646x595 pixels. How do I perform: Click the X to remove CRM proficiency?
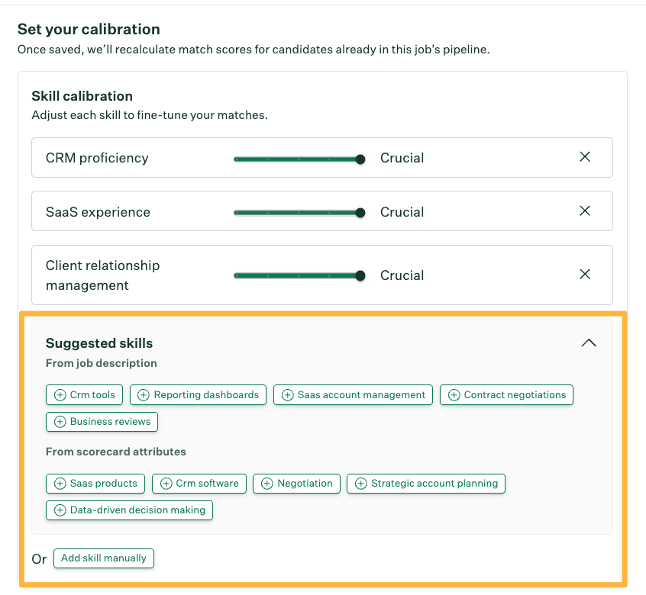click(585, 157)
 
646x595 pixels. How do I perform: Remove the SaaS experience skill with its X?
click(585, 211)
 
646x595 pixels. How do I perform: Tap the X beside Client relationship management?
click(585, 275)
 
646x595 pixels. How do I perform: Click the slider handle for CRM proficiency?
click(360, 159)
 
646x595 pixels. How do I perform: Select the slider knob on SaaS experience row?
click(360, 213)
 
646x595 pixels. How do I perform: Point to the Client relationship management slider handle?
click(360, 275)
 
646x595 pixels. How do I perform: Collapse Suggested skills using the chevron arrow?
click(588, 343)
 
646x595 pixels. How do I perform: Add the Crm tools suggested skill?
click(85, 395)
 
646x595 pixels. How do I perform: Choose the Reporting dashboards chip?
click(199, 395)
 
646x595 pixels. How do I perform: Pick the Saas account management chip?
click(353, 395)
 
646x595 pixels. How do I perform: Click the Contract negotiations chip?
click(506, 395)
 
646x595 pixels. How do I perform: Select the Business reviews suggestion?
click(102, 422)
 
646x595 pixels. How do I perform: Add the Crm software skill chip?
click(199, 484)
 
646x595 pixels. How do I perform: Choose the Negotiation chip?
click(296, 484)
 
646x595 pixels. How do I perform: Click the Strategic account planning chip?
click(426, 484)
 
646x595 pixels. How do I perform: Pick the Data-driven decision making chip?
click(129, 510)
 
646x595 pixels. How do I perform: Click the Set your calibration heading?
click(89, 30)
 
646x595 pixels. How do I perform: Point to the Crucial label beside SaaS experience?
click(402, 212)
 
